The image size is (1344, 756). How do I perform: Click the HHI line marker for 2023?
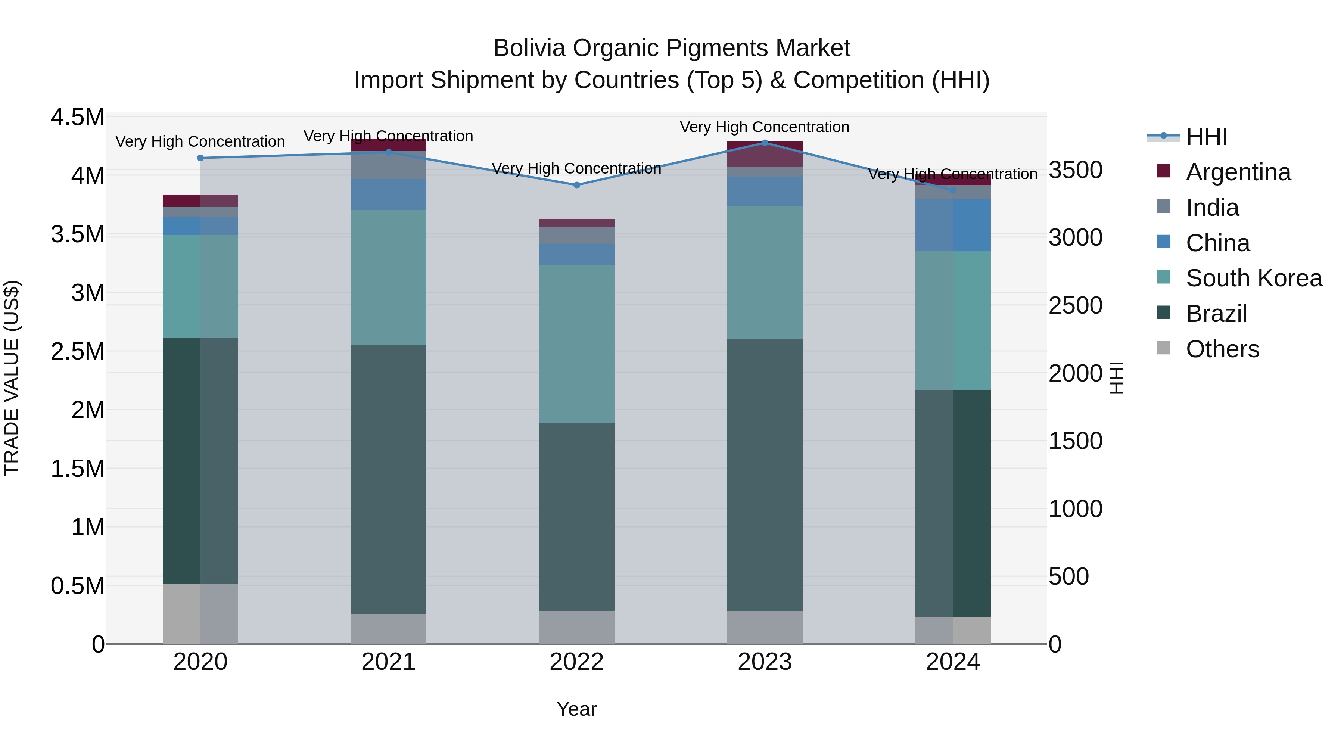click(x=765, y=143)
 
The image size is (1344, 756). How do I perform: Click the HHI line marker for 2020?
click(x=200, y=158)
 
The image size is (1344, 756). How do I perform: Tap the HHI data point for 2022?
click(x=576, y=185)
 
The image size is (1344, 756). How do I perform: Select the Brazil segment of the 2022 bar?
click(x=576, y=517)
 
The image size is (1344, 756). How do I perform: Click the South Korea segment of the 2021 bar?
click(x=388, y=277)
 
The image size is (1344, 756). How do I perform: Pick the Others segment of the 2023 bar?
click(x=765, y=628)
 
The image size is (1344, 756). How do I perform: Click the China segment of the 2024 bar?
click(x=953, y=225)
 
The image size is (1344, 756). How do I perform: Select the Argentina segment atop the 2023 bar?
click(x=765, y=155)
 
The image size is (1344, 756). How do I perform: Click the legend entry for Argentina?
click(x=1238, y=172)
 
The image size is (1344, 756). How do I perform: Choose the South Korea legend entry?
click(x=1254, y=278)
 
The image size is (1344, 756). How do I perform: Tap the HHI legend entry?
click(x=1206, y=137)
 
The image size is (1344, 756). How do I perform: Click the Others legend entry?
click(x=1222, y=349)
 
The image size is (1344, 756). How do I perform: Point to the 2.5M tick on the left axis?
click(x=78, y=352)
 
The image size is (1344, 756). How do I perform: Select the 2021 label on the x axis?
click(x=388, y=662)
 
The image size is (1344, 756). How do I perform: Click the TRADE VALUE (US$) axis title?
click(x=12, y=378)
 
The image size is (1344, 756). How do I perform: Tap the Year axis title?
click(x=576, y=709)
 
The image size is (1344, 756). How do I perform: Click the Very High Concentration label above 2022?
click(x=576, y=168)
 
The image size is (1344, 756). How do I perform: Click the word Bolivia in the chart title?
click(x=529, y=48)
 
